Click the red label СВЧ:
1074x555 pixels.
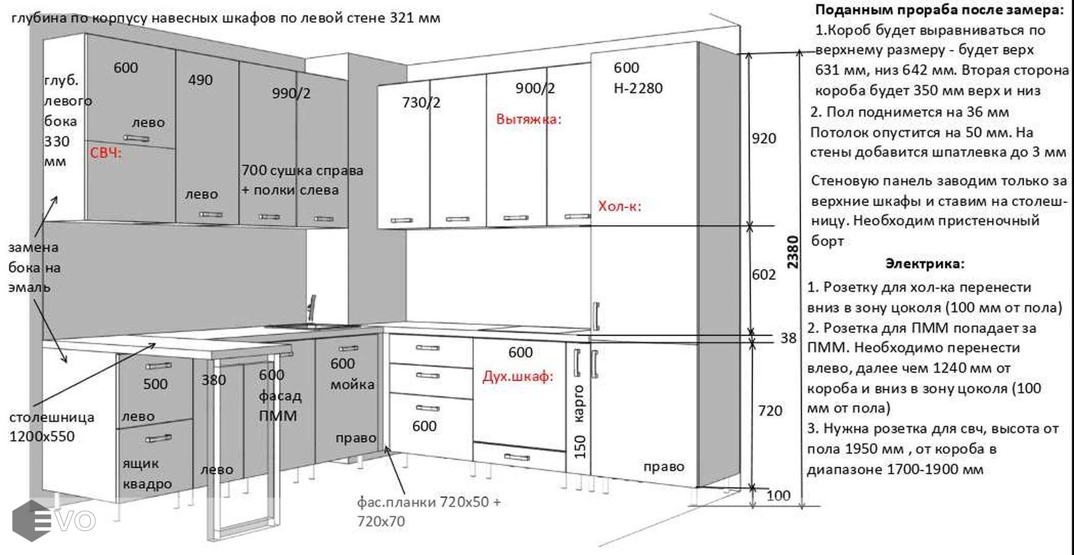tap(106, 153)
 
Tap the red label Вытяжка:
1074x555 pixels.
tap(529, 119)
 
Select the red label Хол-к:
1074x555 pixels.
tap(620, 206)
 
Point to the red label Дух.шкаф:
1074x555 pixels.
tap(518, 376)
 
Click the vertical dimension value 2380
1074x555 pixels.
tap(793, 252)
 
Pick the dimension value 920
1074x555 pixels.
tap(764, 138)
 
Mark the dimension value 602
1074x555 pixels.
tap(764, 274)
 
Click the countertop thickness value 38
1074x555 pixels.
tap(788, 338)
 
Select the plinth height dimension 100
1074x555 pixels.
tap(778, 495)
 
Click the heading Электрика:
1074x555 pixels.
tap(925, 264)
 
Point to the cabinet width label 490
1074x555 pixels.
tap(200, 80)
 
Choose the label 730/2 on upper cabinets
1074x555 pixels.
tap(421, 102)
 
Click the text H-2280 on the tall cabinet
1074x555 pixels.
tap(638, 88)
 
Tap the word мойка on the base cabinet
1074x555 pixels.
tap(352, 385)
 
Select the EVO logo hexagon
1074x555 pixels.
tap(31, 521)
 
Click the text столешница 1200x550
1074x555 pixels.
tap(52, 427)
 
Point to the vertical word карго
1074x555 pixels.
tap(579, 404)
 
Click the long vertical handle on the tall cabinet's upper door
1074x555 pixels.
tap(596, 316)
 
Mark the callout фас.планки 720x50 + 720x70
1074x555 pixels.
tap(429, 512)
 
